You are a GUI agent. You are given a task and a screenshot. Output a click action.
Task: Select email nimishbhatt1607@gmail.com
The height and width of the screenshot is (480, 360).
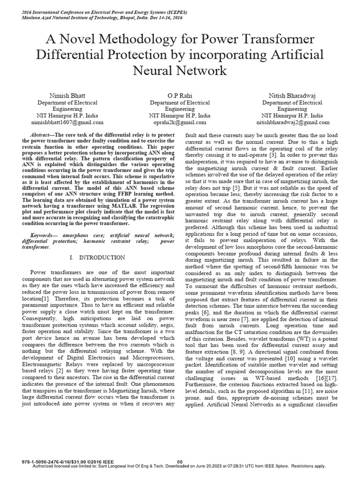tap(70, 122)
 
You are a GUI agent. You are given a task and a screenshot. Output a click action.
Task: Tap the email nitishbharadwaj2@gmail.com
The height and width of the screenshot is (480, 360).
tap(292, 122)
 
